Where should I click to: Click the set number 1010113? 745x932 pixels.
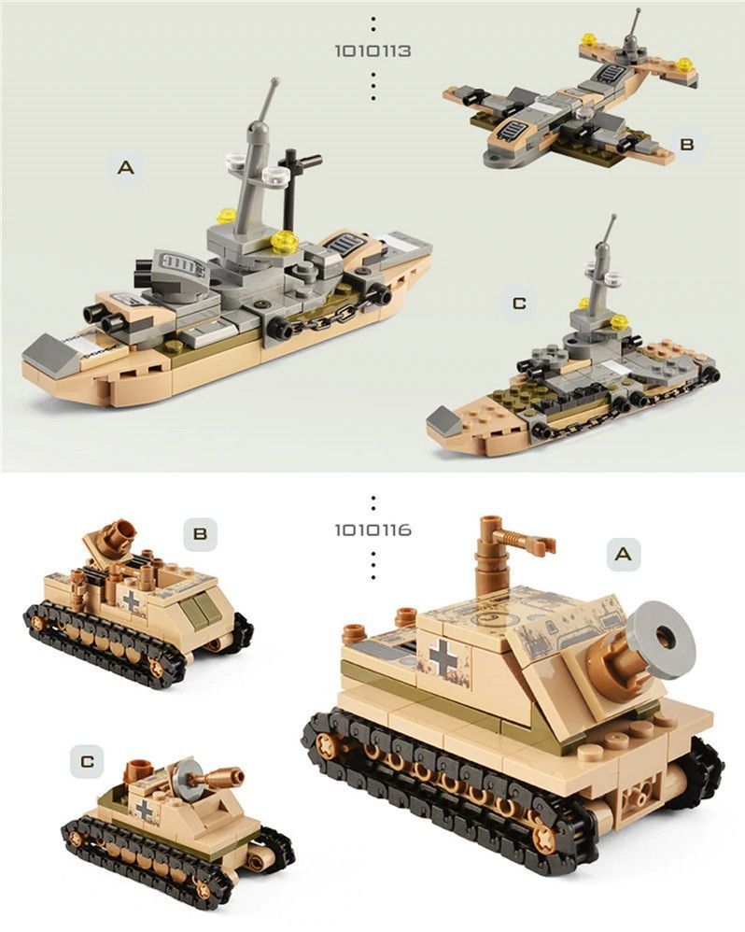[372, 51]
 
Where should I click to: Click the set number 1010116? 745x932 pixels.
[372, 530]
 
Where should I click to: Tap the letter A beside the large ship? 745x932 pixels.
[126, 168]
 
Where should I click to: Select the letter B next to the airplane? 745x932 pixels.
[687, 144]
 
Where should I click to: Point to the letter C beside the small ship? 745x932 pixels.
[519, 304]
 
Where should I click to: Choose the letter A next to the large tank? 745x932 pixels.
[623, 554]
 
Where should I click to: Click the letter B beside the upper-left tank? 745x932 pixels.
[200, 534]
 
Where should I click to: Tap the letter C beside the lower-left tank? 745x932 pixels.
[88, 761]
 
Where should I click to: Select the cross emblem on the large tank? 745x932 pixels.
[442, 655]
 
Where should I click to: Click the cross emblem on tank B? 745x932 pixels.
[131, 600]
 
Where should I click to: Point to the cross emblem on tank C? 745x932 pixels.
[145, 810]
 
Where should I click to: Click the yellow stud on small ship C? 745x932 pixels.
[619, 321]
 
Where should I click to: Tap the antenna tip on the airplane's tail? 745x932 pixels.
[639, 10]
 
